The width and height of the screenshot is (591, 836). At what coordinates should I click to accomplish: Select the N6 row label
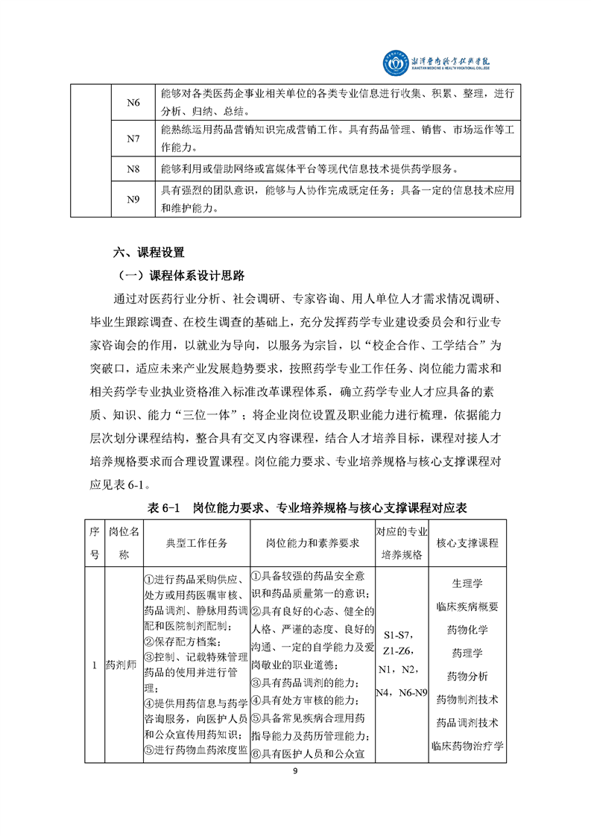tap(133, 102)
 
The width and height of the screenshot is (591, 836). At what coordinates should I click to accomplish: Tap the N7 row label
tap(133, 139)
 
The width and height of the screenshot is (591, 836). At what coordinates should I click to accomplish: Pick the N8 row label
tap(133, 169)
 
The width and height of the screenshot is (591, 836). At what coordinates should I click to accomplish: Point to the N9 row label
tap(133, 199)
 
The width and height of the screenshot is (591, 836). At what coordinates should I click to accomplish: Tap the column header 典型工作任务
tap(196, 543)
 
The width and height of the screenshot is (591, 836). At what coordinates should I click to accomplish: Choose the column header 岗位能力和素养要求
tap(312, 543)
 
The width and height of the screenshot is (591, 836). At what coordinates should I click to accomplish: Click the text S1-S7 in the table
tap(401, 636)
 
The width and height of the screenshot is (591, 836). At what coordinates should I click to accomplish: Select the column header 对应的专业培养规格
tap(401, 543)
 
